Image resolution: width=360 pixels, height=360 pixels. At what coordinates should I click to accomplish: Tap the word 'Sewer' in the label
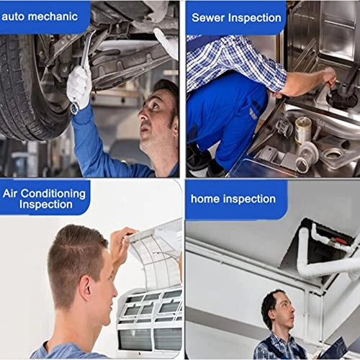tap(208, 17)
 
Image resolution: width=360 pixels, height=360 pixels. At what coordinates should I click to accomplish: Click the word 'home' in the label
tap(204, 199)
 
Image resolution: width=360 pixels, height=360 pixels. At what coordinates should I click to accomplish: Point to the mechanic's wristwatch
tap(75, 108)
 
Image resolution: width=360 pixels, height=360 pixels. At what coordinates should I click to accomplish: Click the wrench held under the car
tap(86, 50)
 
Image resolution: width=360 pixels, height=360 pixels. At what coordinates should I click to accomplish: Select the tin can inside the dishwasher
tap(303, 130)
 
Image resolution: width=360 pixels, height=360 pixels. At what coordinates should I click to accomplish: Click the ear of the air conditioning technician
tap(86, 289)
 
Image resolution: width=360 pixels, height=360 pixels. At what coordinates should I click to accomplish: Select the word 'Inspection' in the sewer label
tap(255, 18)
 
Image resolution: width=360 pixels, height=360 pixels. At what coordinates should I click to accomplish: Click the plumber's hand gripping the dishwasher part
tap(329, 76)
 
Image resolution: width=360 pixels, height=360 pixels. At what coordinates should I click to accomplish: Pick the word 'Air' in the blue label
tap(10, 194)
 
